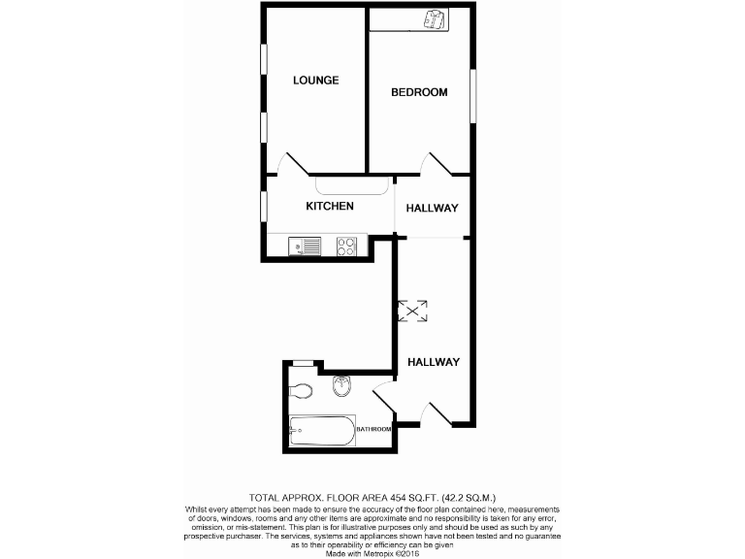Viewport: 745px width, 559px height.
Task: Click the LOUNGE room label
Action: point(316,81)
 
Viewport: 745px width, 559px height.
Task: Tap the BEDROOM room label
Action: point(419,93)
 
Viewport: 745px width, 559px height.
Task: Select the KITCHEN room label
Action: point(330,207)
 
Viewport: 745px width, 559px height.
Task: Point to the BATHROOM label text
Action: point(373,429)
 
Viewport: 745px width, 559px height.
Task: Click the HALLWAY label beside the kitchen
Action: point(432,209)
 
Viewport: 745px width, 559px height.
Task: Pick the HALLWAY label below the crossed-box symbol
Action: point(433,362)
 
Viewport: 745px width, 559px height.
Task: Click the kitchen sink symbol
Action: point(306,247)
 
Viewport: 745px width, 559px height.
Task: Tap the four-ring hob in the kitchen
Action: point(346,247)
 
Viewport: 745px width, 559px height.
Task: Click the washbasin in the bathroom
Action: point(341,387)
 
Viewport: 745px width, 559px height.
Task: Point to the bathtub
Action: point(322,430)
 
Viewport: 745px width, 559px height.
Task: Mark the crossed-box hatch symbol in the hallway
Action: point(414,311)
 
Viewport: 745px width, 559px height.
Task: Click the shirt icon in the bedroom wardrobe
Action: point(433,20)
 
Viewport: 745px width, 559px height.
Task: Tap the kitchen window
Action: point(262,206)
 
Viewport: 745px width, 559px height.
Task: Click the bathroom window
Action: point(303,363)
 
